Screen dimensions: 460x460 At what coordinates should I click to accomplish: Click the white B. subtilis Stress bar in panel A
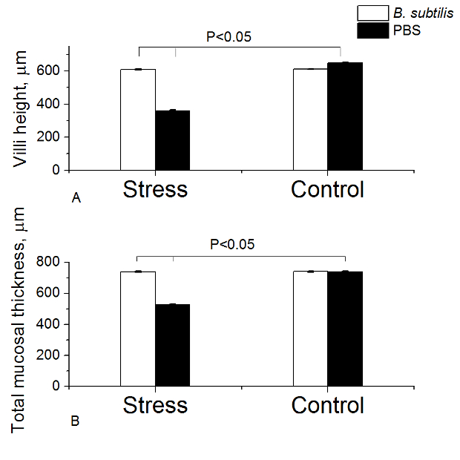click(x=138, y=119)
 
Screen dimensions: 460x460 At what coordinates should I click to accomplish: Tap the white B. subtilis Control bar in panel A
click(x=310, y=119)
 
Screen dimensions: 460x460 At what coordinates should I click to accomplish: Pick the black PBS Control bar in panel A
click(x=345, y=116)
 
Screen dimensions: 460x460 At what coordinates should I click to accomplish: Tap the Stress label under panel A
click(x=155, y=189)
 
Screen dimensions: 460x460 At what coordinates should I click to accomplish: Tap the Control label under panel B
click(x=327, y=405)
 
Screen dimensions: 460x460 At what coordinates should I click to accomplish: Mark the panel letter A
click(x=75, y=198)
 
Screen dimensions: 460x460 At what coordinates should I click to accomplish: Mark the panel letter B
click(x=75, y=422)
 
